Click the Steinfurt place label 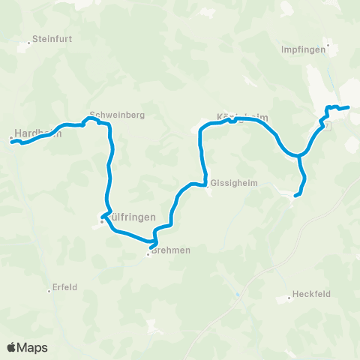pos(51,42)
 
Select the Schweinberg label pos(116,115)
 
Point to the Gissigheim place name pos(234,183)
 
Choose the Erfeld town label pos(67,286)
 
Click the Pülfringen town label pos(132,217)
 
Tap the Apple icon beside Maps pos(11,346)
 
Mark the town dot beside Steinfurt pos(29,43)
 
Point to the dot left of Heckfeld pos(289,298)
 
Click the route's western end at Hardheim pos(12,140)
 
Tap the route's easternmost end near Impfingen pos(349,108)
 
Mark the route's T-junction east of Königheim pos(299,157)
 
